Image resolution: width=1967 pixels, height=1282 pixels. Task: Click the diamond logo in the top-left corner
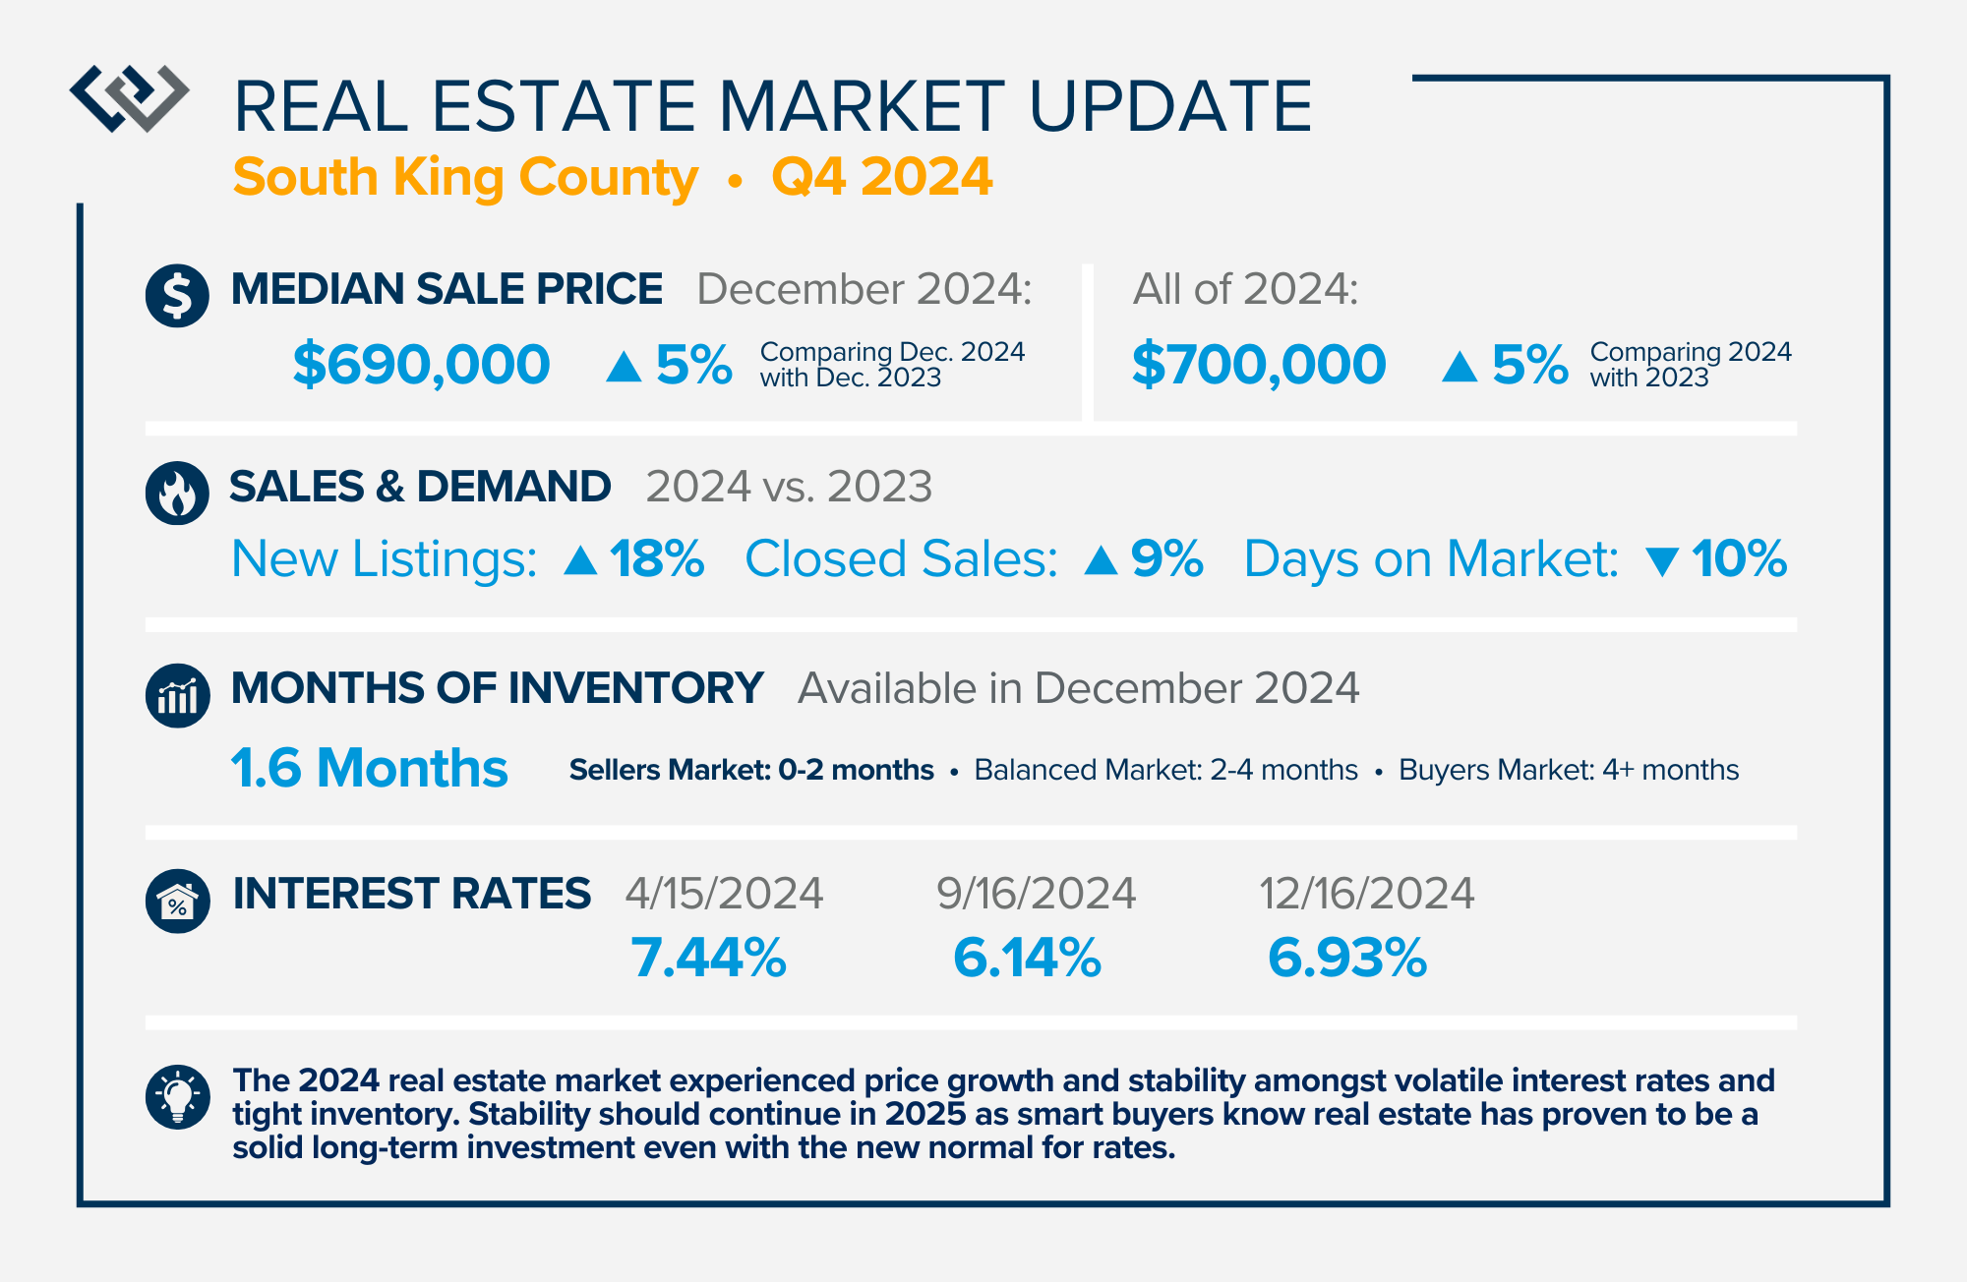point(129,98)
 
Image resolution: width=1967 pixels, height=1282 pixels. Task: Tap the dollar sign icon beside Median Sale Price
point(177,295)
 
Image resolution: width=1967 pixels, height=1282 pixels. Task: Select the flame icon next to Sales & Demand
point(177,493)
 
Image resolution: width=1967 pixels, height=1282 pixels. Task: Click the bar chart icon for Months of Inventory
point(177,695)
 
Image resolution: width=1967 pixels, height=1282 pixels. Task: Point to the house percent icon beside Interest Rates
point(177,901)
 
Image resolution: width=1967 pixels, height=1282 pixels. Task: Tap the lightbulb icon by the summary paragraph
point(177,1096)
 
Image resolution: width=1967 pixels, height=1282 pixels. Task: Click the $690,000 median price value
point(421,365)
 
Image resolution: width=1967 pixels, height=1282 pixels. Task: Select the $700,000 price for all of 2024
point(1258,365)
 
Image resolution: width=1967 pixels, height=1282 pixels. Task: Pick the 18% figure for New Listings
point(656,559)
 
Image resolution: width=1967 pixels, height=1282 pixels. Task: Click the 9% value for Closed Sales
point(1166,559)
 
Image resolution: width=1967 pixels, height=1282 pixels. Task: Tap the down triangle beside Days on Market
point(1661,561)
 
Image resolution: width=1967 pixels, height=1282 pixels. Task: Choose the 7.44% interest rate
point(708,959)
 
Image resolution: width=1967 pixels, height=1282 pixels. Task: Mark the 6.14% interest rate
point(1027,959)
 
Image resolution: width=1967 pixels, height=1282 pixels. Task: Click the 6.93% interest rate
point(1346,959)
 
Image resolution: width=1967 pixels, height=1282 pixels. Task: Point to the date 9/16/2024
point(1036,894)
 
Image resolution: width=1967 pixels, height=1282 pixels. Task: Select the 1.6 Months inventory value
point(369,768)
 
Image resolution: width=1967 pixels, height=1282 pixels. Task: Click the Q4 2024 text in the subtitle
point(881,177)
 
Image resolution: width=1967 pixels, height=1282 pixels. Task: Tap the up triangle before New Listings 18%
point(580,560)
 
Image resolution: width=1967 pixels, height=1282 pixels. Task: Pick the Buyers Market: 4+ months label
point(1568,770)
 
